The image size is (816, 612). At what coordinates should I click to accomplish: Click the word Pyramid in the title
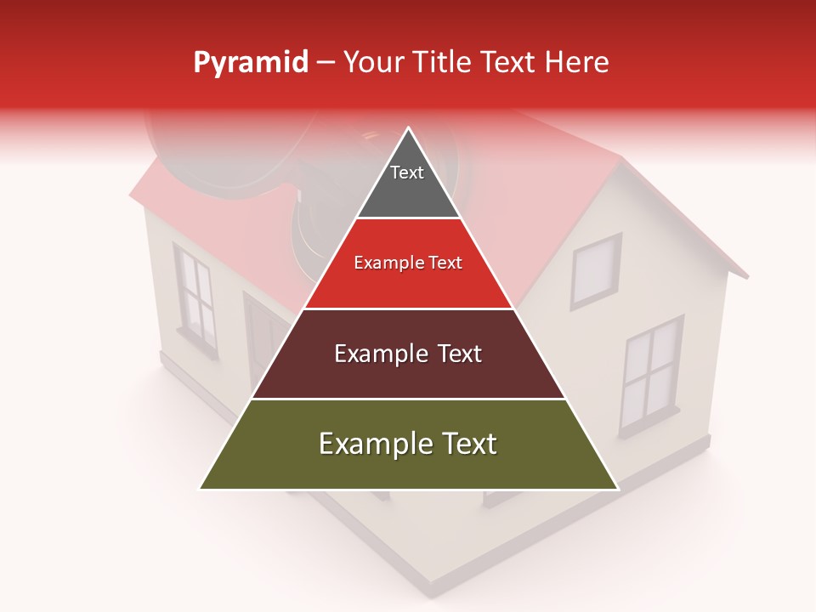point(250,63)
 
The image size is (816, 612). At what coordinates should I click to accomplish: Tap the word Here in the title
point(576,63)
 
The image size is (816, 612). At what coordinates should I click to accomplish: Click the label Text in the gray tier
point(407,173)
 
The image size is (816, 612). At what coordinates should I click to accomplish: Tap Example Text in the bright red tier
point(408,263)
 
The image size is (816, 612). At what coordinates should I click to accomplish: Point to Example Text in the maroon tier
point(408,354)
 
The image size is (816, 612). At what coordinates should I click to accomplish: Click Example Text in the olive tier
point(408,444)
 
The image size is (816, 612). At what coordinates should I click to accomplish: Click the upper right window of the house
point(595,270)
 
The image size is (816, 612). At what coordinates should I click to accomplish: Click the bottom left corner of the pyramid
point(201,488)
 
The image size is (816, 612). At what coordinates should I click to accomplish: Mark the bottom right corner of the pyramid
point(616,488)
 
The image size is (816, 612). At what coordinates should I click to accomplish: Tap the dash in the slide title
point(326,63)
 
